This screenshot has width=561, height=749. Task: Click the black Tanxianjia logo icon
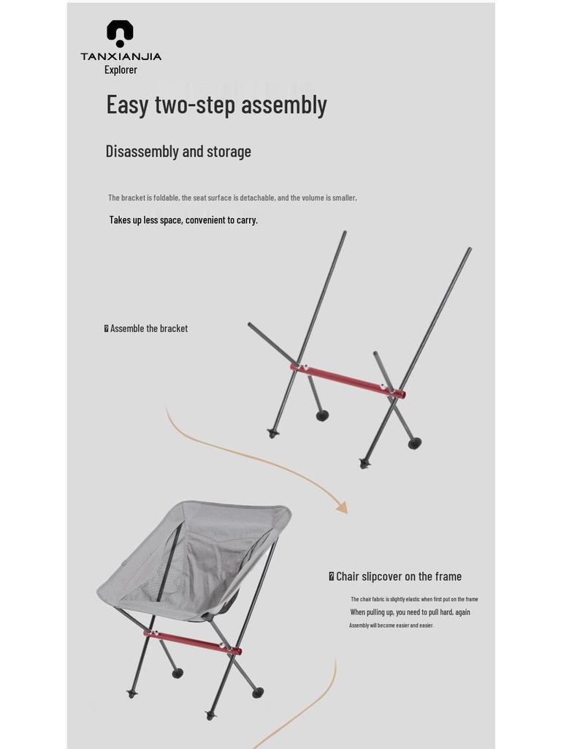coord(120,34)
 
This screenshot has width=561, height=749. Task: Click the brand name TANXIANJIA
coord(121,56)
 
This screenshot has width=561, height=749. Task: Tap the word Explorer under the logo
coord(121,69)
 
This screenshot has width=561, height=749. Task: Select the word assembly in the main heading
coord(283,105)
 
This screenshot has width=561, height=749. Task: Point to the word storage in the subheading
coord(229,151)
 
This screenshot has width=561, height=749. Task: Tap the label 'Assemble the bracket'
coord(148,328)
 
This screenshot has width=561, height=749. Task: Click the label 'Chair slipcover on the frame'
coord(398,576)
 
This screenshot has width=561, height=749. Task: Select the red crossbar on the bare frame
coord(348,380)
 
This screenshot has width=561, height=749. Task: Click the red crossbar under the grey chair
coord(192,641)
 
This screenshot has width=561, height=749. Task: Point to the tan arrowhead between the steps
coord(341,507)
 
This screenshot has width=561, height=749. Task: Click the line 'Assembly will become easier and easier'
coord(391,625)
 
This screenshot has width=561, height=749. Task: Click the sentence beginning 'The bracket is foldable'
coord(232,197)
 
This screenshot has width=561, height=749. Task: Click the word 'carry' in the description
coord(246,219)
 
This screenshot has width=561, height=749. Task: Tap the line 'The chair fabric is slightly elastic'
coord(414,599)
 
